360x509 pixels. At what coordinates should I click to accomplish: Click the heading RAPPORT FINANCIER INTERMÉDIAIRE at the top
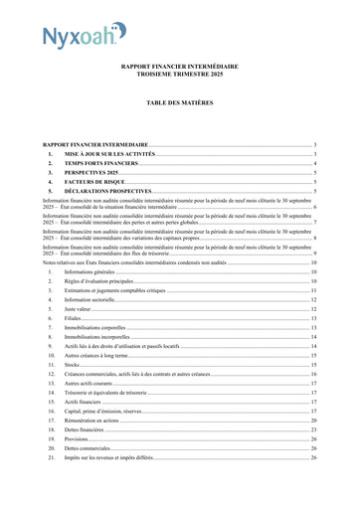[179, 66]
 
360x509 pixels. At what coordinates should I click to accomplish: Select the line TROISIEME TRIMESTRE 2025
[179, 75]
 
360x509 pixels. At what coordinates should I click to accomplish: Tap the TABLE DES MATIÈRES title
[179, 102]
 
